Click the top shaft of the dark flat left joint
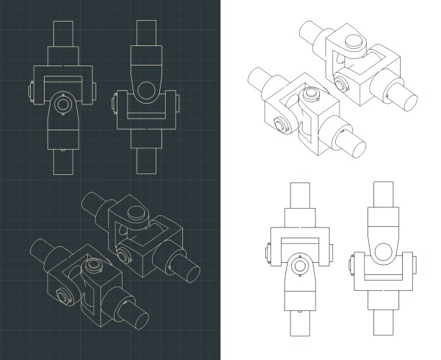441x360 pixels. pos(63,33)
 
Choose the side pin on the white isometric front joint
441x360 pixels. pos(282,128)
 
